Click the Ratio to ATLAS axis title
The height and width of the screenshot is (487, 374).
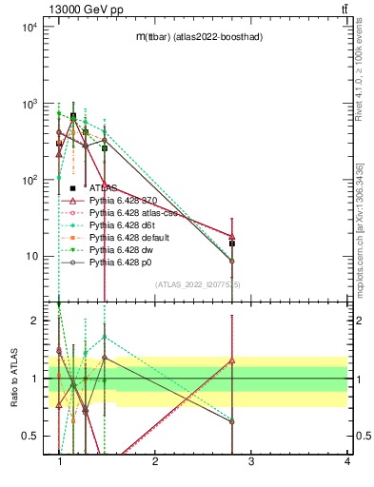tap(13, 379)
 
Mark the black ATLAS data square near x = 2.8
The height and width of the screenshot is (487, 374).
tap(232, 243)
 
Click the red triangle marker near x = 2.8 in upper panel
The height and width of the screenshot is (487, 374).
tap(232, 236)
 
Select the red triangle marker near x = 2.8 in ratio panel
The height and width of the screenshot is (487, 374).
tap(232, 360)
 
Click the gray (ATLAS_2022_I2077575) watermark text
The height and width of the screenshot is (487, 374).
tap(198, 284)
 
